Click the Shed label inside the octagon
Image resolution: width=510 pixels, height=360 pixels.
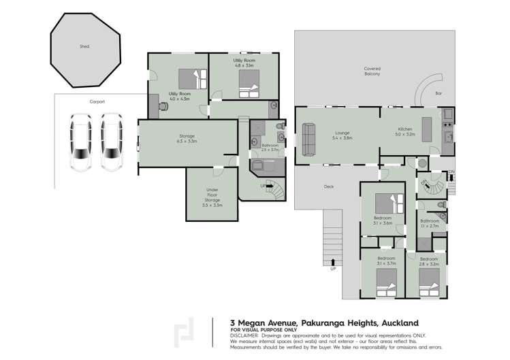[x=84, y=46]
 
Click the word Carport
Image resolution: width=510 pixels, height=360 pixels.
[x=97, y=101]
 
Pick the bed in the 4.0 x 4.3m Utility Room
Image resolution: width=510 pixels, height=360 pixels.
[x=188, y=78]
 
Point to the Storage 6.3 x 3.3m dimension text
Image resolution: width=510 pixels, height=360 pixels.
[x=187, y=142]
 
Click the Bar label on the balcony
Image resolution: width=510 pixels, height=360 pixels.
[x=439, y=93]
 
